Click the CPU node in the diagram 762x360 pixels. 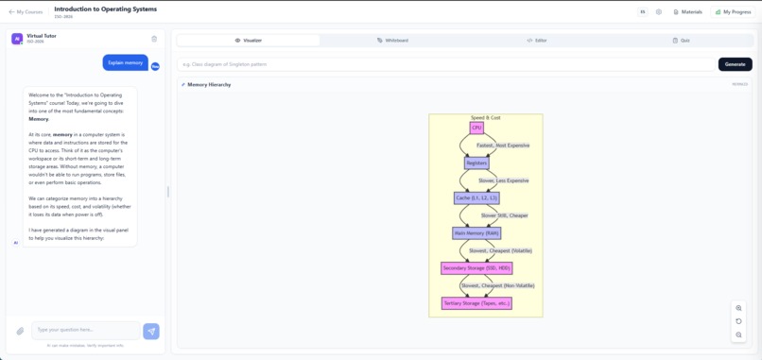[476, 128]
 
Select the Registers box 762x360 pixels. [476, 163]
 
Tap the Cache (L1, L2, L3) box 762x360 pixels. [476, 197]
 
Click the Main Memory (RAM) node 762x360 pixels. [476, 232]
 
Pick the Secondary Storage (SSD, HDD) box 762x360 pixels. [476, 267]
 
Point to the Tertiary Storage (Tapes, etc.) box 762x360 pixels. [476, 303]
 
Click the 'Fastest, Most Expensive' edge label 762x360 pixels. [503, 146]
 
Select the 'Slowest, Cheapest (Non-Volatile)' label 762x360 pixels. [497, 285]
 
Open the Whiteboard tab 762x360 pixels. [392, 41]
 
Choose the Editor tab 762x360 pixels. [537, 41]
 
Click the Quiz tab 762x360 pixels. [681, 41]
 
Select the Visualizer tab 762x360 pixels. [248, 41]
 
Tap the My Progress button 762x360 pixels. [734, 12]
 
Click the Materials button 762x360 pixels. [688, 12]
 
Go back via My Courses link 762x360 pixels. [26, 12]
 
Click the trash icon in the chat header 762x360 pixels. [154, 39]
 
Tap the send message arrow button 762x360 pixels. [151, 331]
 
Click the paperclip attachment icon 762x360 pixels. [20, 331]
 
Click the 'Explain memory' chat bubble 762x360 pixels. [125, 62]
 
